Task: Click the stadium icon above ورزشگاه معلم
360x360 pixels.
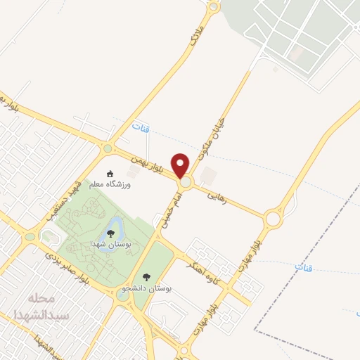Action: coord(110,174)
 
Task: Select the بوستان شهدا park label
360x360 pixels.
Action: coord(109,243)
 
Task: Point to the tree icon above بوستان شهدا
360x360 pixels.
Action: coord(110,233)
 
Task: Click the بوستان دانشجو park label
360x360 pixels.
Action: coord(146,288)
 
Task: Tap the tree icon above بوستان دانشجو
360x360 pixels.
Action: coord(146,277)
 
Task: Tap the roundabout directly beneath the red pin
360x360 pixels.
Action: coord(185,183)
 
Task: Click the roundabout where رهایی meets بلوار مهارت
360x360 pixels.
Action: coord(273,219)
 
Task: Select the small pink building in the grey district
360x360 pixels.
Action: coord(296,53)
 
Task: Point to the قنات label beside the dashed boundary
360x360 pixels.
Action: coord(302,268)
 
